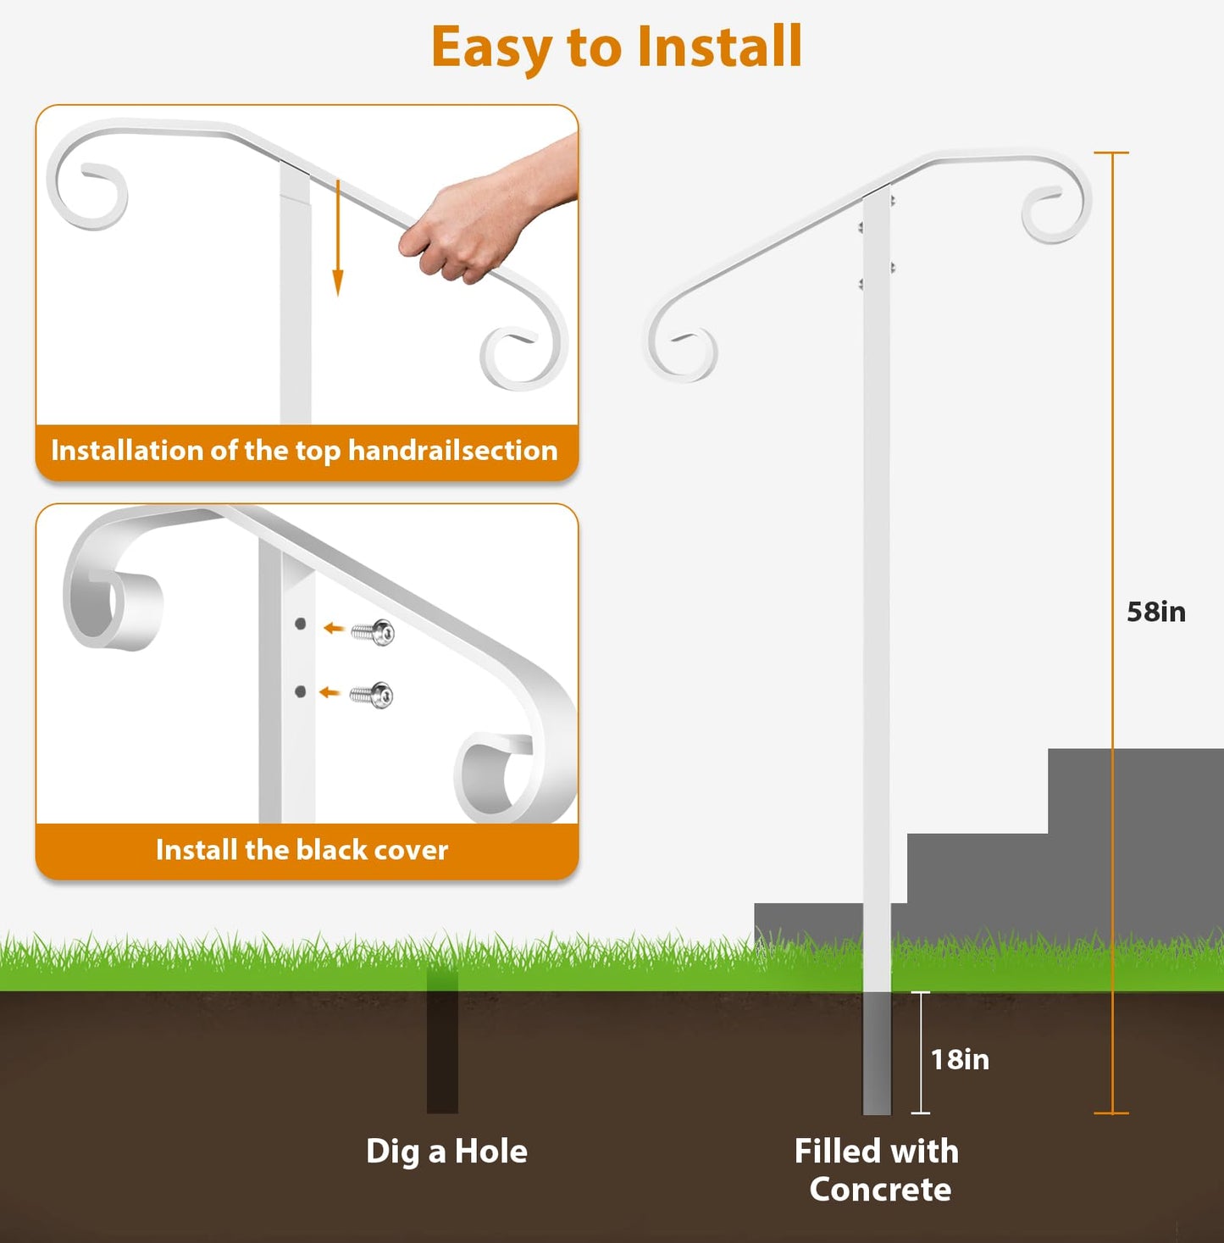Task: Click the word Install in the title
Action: coord(719,47)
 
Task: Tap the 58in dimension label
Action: coord(1155,612)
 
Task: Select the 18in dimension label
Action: coord(960,1060)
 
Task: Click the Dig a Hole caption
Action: coord(446,1151)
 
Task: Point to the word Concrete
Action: coord(880,1190)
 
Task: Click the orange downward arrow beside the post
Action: coord(337,238)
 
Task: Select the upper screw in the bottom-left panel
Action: coord(373,632)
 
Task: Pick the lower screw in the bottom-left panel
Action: coord(372,695)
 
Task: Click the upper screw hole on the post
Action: coord(300,624)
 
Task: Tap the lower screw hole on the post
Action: coord(300,691)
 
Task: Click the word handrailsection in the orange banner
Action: coord(452,451)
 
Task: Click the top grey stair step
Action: coord(1136,791)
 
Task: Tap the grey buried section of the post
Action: coord(877,1052)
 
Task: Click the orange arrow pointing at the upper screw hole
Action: coord(334,628)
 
